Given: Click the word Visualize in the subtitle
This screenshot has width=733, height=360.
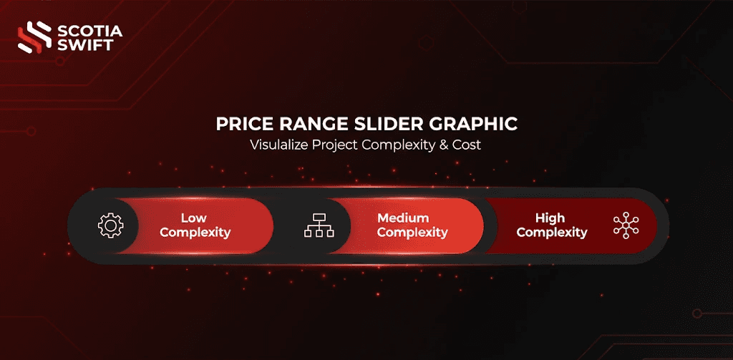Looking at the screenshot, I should point(278,145).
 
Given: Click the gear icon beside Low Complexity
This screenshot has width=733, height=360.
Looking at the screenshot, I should point(111,225).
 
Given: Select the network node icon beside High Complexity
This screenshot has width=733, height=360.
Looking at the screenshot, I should point(626,225).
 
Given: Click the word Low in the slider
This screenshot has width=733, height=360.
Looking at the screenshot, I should point(194,218).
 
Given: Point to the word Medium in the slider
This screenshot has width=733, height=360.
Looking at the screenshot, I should point(403,218).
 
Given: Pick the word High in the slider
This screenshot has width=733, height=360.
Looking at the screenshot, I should point(550,218).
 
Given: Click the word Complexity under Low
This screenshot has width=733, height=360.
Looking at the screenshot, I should point(195,233).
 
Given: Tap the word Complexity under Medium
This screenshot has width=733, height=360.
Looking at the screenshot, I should point(412,233).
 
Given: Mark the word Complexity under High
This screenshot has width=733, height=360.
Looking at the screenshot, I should point(552,233).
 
